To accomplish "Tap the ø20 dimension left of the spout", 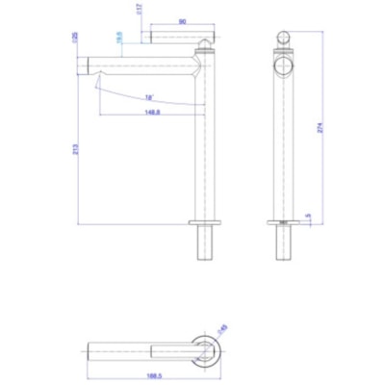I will [x=76, y=39].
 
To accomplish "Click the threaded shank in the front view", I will [x=282, y=246].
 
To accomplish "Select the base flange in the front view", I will [x=282, y=224].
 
